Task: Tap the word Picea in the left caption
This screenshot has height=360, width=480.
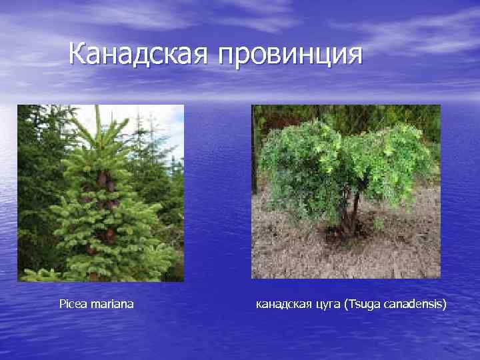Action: [x=71, y=304]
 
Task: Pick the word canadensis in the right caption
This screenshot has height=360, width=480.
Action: [x=413, y=305]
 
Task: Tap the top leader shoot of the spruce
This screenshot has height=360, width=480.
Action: [x=97, y=120]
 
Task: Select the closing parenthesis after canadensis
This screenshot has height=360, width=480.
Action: [x=446, y=305]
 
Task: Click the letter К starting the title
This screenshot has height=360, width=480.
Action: [x=77, y=54]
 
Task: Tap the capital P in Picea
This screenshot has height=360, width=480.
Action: [x=62, y=304]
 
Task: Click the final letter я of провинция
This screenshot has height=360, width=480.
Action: [x=355, y=55]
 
